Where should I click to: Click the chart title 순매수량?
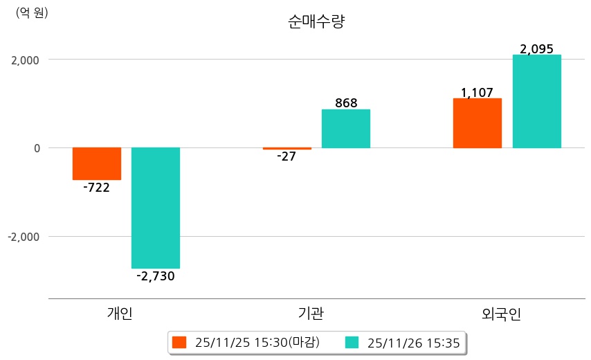(x=316, y=21)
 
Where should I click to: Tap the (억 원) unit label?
(x=32, y=12)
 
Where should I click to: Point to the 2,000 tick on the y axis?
(x=24, y=60)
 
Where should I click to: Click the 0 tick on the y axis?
(x=36, y=148)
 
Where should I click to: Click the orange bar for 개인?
(x=96, y=163)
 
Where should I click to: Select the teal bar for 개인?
(x=156, y=208)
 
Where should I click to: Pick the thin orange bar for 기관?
(x=287, y=148)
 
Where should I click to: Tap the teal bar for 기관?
(x=346, y=129)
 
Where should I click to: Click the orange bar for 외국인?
(x=478, y=123)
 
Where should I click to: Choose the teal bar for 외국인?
(x=536, y=101)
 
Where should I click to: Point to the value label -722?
(x=96, y=188)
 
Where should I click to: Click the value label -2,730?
(x=156, y=276)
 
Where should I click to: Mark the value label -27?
(x=286, y=156)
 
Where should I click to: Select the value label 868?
(x=346, y=103)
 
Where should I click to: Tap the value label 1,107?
(x=477, y=92)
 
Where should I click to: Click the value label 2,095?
(x=536, y=49)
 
